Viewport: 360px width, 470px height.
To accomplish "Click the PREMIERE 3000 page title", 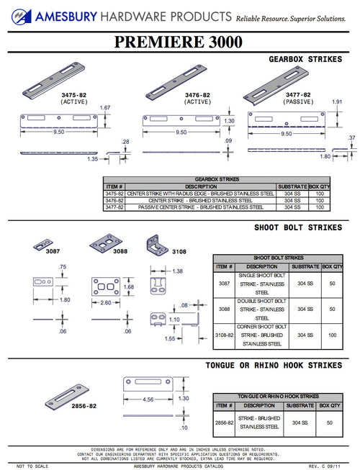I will point(180,42).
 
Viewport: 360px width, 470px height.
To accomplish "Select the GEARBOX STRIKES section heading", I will point(305,59).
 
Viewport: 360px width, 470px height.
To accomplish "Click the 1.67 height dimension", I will point(104,108).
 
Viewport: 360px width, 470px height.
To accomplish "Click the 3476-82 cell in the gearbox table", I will point(114,200).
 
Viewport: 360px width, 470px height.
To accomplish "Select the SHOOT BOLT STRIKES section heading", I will point(298,227).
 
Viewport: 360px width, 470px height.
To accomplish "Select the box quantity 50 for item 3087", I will point(331,284).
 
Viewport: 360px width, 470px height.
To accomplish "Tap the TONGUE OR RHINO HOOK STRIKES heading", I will point(274,366).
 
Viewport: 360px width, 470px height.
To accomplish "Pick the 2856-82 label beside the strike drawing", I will point(84,406).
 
